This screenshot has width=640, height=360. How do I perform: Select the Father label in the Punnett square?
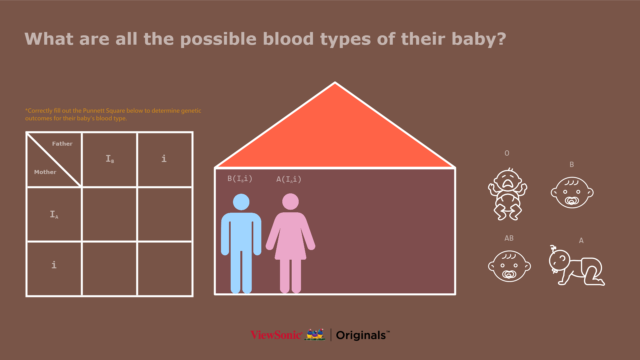pyautogui.click(x=62, y=144)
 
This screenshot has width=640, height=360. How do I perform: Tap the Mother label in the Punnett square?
pyautogui.click(x=45, y=172)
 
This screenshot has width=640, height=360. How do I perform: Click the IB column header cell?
pyautogui.click(x=110, y=159)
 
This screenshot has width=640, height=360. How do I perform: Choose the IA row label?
pyautogui.click(x=54, y=214)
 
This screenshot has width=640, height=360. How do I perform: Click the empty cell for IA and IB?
pyautogui.click(x=110, y=214)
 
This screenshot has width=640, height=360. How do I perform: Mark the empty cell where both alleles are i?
pyautogui.click(x=165, y=269)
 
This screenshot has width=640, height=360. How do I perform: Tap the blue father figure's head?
pyautogui.click(x=241, y=202)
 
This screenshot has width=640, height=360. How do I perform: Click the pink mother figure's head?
pyautogui.click(x=290, y=202)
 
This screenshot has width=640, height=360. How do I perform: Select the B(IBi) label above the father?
pyautogui.click(x=240, y=179)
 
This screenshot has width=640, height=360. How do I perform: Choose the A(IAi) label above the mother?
pyautogui.click(x=289, y=179)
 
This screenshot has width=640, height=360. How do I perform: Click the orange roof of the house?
pyautogui.click(x=335, y=133)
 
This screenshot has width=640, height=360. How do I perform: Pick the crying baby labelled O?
pyautogui.click(x=508, y=194)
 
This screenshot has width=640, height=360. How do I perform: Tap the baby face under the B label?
pyautogui.click(x=572, y=193)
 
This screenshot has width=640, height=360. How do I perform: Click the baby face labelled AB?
pyautogui.click(x=509, y=266)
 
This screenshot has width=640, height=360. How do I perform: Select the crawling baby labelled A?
pyautogui.click(x=577, y=266)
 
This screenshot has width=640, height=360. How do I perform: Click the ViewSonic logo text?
pyautogui.click(x=276, y=335)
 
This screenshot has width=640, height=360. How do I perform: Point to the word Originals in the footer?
pyautogui.click(x=361, y=335)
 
